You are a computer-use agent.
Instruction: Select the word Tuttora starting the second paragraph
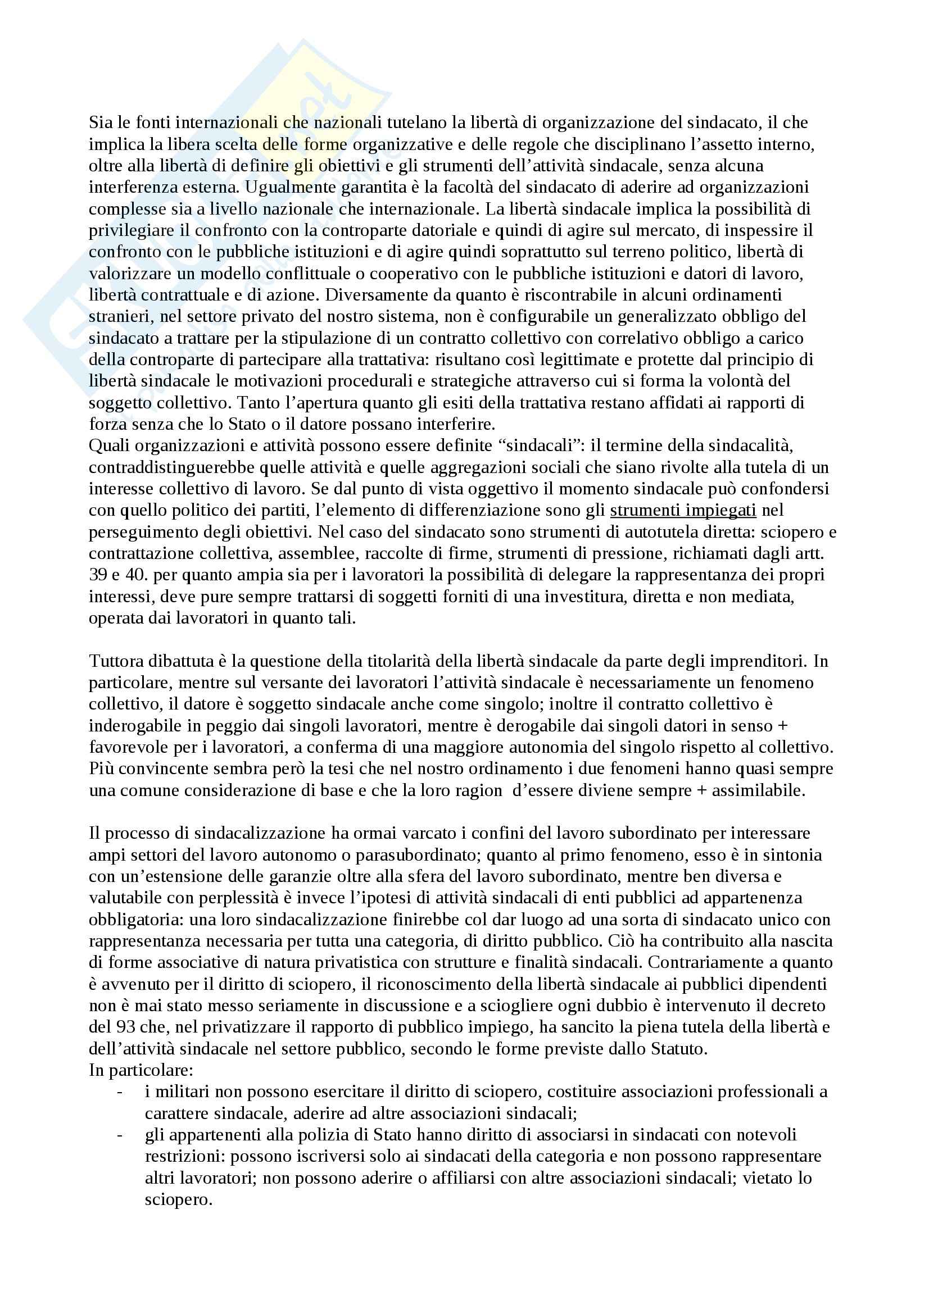click(x=117, y=661)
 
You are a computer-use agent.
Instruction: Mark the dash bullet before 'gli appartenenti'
click(x=119, y=1135)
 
